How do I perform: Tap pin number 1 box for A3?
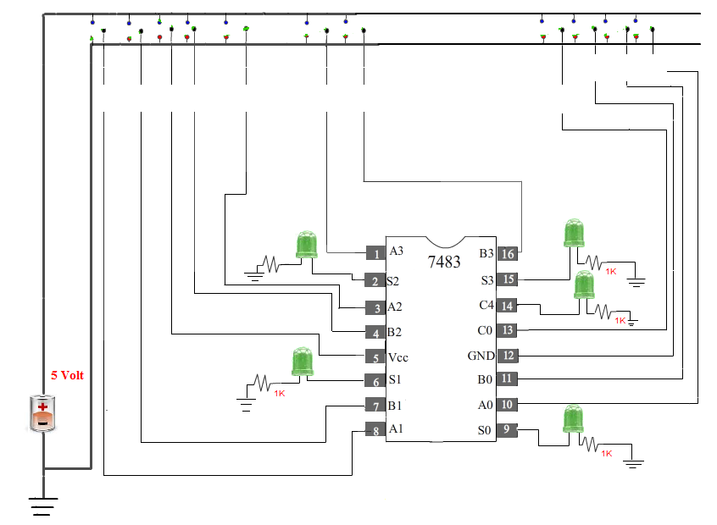375,252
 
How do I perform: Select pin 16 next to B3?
507,252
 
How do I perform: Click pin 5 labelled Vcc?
375,356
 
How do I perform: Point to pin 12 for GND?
507,356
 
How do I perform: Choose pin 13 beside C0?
507,330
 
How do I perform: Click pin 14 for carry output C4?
507,305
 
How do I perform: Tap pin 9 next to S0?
507,429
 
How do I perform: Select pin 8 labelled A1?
375,430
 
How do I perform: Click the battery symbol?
42,413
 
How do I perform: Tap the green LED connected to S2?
306,245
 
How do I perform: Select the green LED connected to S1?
303,362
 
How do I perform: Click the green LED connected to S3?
574,234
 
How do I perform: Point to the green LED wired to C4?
584,286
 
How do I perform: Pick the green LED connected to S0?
573,420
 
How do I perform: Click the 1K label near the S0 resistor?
606,454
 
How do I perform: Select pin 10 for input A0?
507,405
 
